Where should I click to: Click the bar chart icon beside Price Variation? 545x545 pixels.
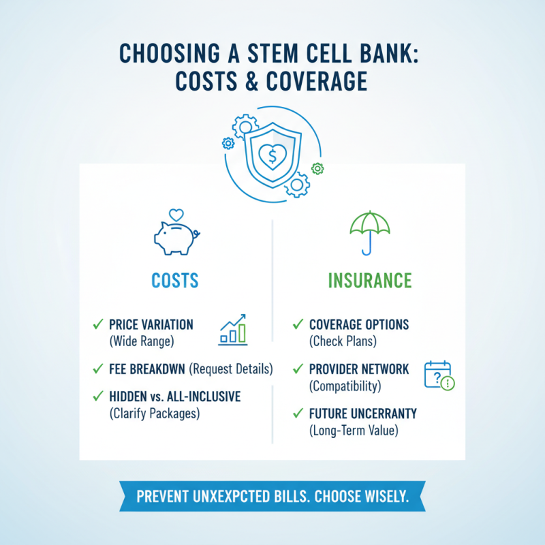point(234,330)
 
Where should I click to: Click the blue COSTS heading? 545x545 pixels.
point(176,280)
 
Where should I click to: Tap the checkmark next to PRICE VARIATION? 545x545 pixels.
point(97,324)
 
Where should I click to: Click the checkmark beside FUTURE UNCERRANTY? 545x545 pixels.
point(298,413)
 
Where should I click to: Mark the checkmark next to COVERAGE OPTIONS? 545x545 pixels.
point(298,324)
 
